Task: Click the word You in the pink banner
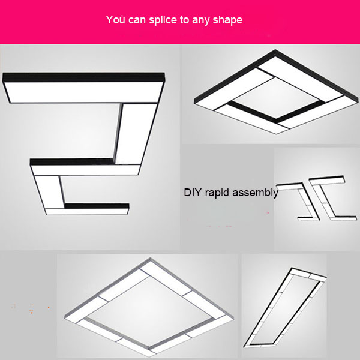coord(116,20)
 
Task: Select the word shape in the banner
coord(228,20)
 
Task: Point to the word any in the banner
coord(202,20)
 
